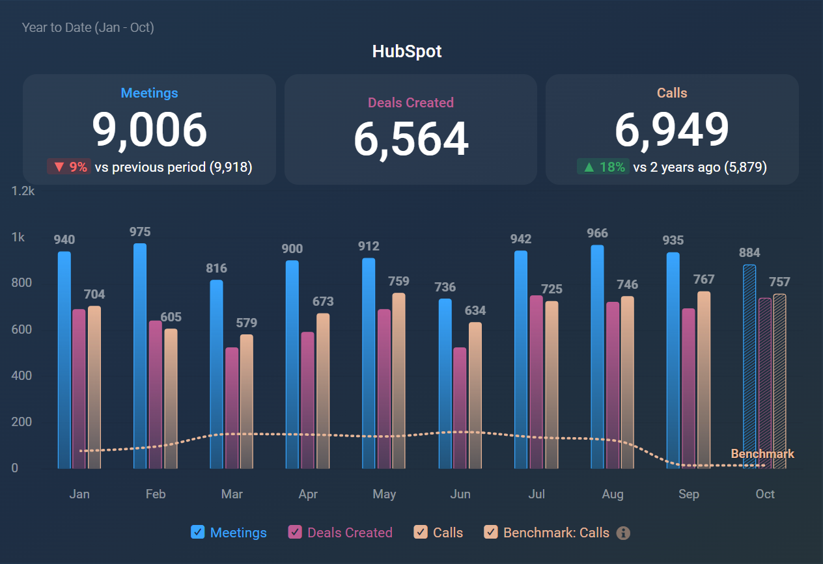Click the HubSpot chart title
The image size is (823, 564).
click(x=407, y=51)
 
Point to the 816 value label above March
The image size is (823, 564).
click(x=216, y=268)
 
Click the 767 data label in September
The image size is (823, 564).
click(x=703, y=279)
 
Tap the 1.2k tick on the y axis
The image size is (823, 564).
click(x=23, y=191)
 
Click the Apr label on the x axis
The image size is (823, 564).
click(x=308, y=494)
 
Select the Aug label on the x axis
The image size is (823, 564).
click(x=613, y=494)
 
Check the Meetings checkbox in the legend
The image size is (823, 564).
click(x=198, y=532)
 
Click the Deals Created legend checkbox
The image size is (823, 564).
click(x=295, y=532)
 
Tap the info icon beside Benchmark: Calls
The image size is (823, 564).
click(x=623, y=533)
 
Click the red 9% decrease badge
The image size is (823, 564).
click(x=69, y=167)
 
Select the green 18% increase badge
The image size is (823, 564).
click(x=603, y=167)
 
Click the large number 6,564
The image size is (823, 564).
click(x=411, y=139)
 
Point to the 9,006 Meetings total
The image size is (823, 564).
click(x=149, y=130)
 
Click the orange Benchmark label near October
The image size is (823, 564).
click(x=762, y=454)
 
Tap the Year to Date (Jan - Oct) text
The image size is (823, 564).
click(x=88, y=27)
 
